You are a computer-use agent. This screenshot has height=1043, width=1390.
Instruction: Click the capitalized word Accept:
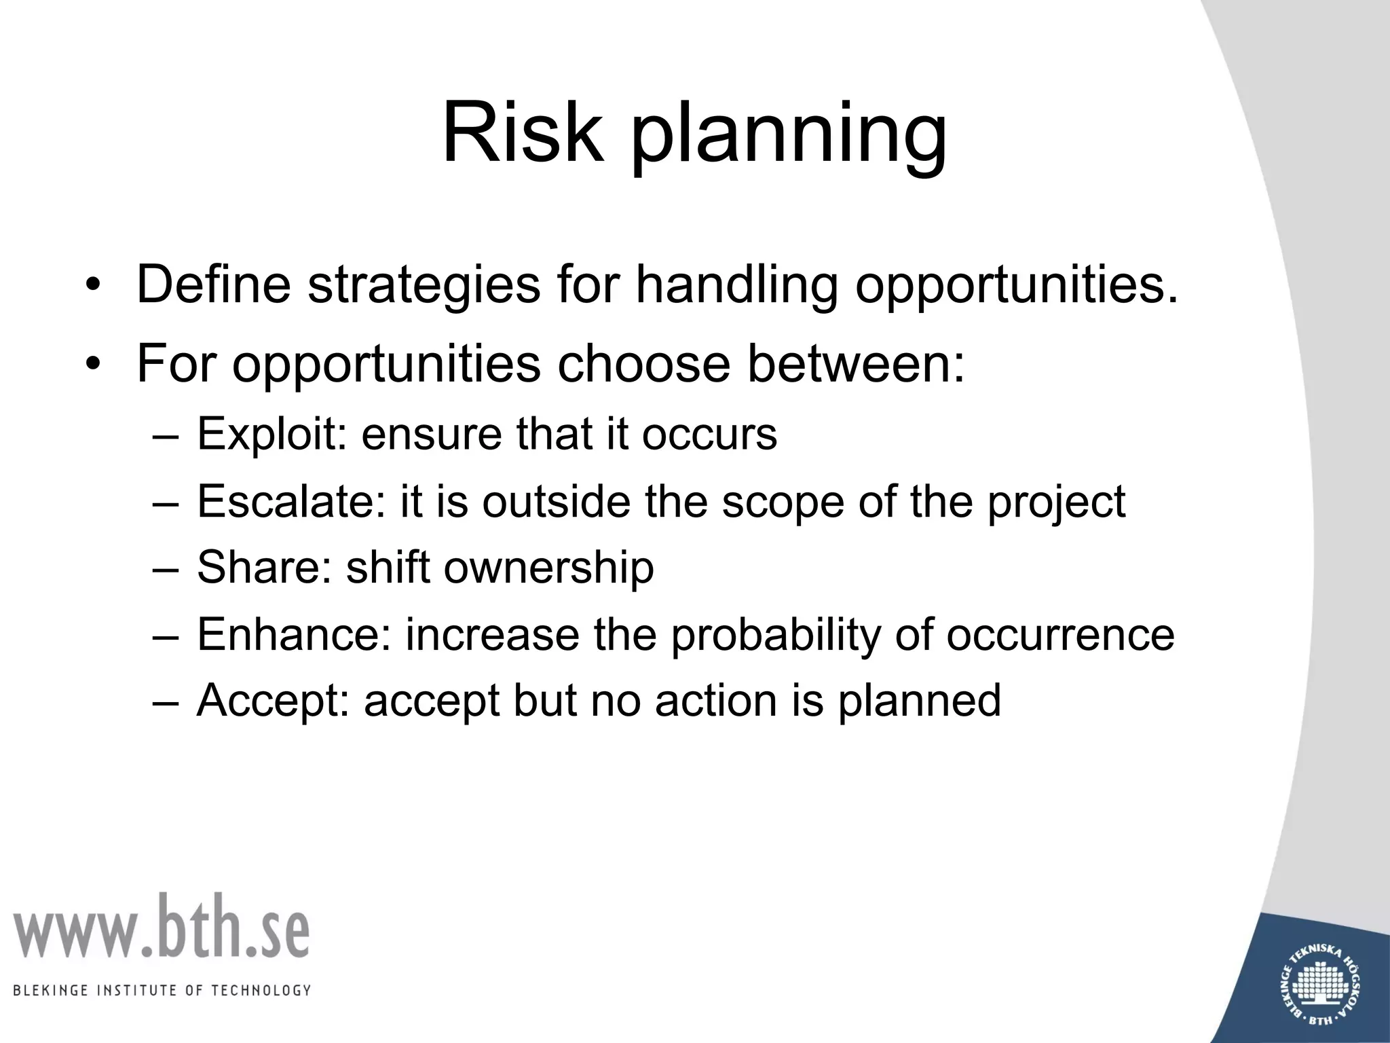click(272, 701)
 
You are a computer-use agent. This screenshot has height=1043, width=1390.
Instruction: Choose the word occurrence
click(1060, 636)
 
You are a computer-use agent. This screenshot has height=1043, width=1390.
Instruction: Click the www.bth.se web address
click(161, 928)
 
